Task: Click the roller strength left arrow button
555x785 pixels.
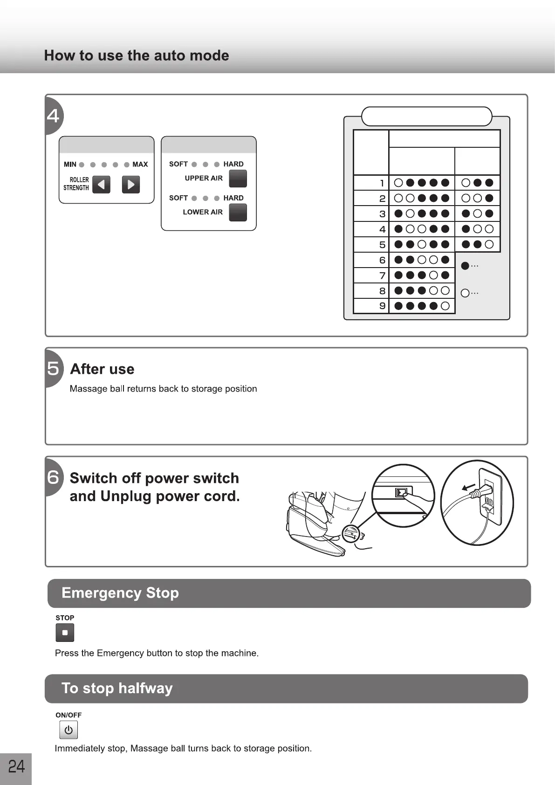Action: [101, 185]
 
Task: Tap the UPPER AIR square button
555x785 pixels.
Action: [238, 179]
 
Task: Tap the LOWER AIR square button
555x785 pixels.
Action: [238, 213]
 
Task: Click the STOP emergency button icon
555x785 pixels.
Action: [65, 633]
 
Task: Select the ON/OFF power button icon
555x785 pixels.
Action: [69, 730]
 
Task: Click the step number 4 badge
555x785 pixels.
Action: [53, 115]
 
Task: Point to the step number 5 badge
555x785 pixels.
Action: [53, 369]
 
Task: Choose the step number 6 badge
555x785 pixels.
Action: [53, 477]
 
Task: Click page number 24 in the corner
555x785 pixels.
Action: [16, 766]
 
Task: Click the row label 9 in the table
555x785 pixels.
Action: [382, 306]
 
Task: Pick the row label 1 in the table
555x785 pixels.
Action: [382, 183]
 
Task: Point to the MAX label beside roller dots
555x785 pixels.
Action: [140, 165]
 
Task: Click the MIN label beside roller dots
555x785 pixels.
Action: [70, 165]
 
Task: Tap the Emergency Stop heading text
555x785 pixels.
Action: [120, 593]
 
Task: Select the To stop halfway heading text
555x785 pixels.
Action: [117, 688]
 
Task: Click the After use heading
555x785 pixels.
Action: [102, 369]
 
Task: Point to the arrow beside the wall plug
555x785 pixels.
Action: [468, 488]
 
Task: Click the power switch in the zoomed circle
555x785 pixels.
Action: [401, 492]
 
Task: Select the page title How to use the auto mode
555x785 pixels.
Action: [137, 55]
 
